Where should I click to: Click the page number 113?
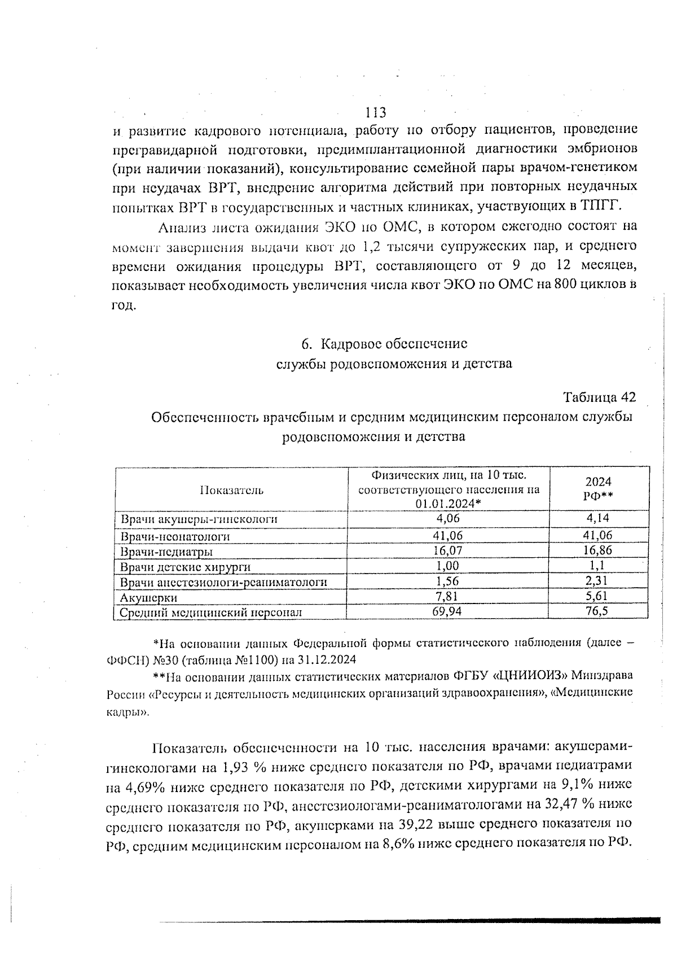(x=376, y=112)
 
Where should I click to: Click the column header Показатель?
(x=231, y=490)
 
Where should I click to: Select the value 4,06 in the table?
(x=449, y=518)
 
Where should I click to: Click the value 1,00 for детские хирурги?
(x=449, y=566)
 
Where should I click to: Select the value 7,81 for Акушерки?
(x=449, y=596)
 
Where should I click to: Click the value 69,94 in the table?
(x=449, y=611)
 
